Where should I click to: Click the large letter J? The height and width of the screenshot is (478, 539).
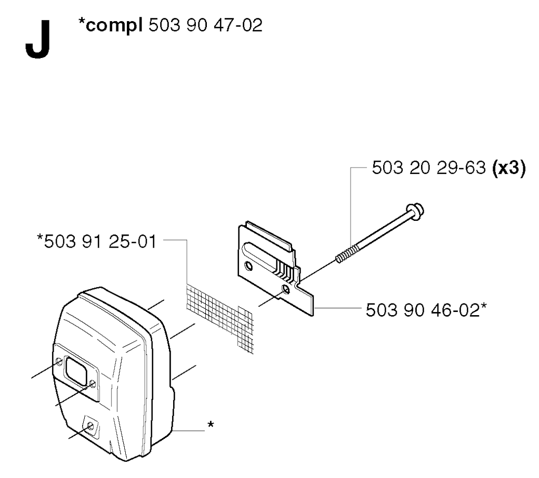click(38, 39)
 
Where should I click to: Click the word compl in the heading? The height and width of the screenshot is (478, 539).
click(114, 25)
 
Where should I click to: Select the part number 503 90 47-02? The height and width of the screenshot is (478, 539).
click(206, 25)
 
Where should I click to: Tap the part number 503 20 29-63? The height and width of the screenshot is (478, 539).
click(429, 168)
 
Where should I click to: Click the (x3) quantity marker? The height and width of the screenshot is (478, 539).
click(509, 169)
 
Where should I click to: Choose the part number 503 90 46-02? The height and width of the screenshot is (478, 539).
click(423, 310)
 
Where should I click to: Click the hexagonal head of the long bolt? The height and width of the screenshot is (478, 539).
click(415, 212)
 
